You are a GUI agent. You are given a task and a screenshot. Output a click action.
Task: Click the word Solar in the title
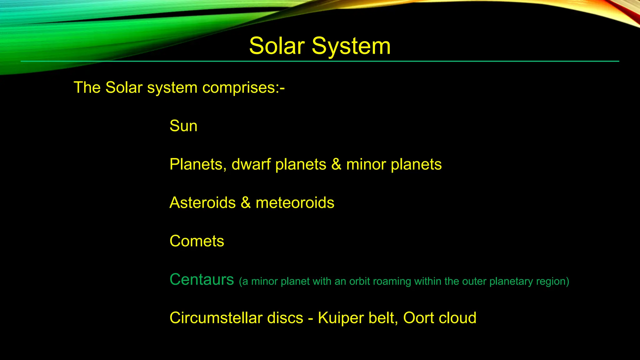(277, 46)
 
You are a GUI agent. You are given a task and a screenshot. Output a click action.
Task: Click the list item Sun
(183, 126)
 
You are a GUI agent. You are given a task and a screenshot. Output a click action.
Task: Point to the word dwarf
(251, 164)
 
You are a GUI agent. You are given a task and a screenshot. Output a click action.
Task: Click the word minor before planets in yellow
(366, 164)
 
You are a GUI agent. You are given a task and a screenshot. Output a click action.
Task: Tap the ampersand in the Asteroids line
(246, 202)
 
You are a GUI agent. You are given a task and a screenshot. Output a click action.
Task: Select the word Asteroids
(202, 202)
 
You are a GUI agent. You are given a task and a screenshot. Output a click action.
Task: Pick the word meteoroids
(295, 202)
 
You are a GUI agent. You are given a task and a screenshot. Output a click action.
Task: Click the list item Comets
(197, 241)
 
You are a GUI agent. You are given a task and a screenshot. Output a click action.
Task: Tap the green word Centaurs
(202, 279)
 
